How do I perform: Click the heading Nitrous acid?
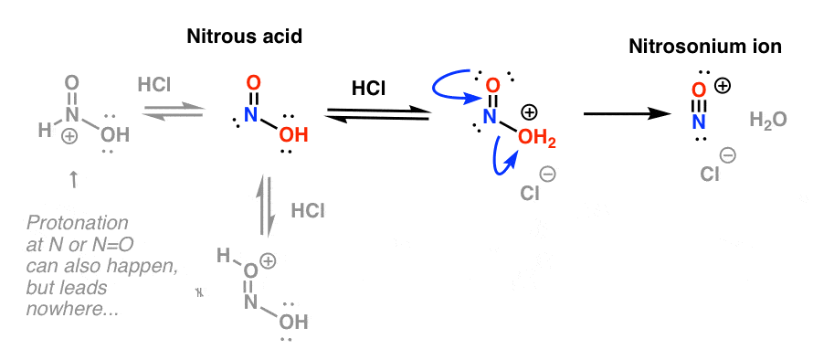click(x=245, y=38)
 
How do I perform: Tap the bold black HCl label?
click(x=373, y=89)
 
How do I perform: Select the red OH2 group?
click(x=533, y=138)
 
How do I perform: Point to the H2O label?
click(x=768, y=120)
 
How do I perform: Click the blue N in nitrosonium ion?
click(x=699, y=120)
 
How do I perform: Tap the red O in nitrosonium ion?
click(x=699, y=90)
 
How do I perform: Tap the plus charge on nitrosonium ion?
click(x=722, y=86)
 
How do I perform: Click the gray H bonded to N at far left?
click(x=44, y=132)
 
